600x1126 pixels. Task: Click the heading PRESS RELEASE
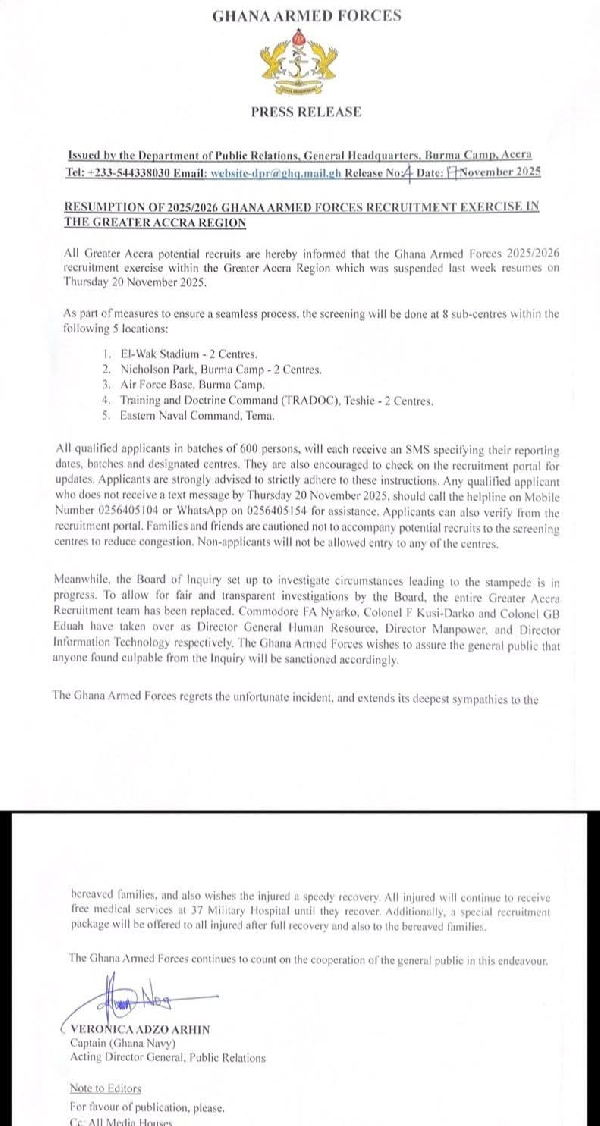pyautogui.click(x=306, y=112)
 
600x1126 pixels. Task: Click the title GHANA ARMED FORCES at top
pyautogui.click(x=307, y=15)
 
